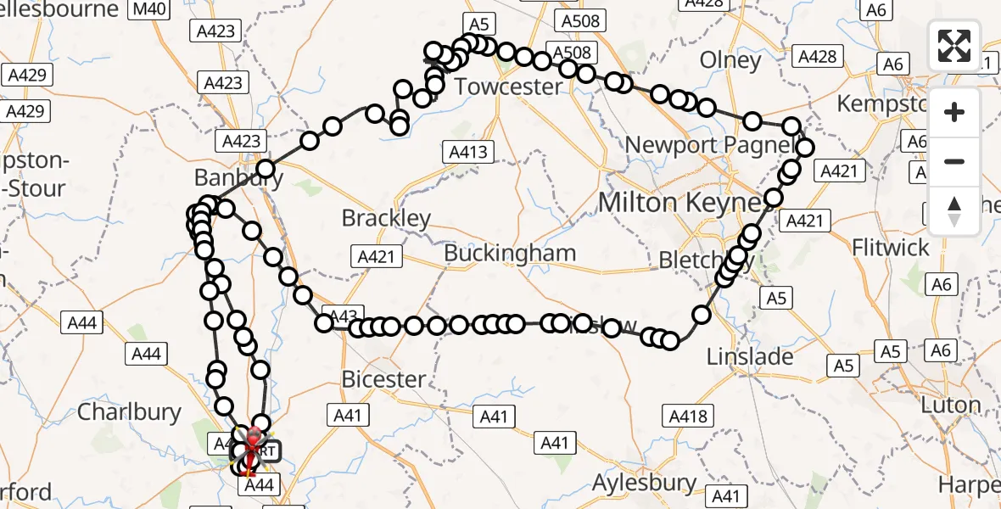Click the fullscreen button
pos(954,45)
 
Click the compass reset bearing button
pos(954,211)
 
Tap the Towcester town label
pos(508,87)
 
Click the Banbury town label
pos(238,178)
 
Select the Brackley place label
pos(386,218)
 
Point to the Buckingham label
pos(510,253)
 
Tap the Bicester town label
pos(383,379)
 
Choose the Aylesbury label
pos(645,483)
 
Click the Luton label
pos(951,405)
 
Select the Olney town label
pos(730,60)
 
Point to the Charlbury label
pos(129,412)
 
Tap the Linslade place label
pos(751,356)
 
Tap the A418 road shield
pos(688,416)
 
